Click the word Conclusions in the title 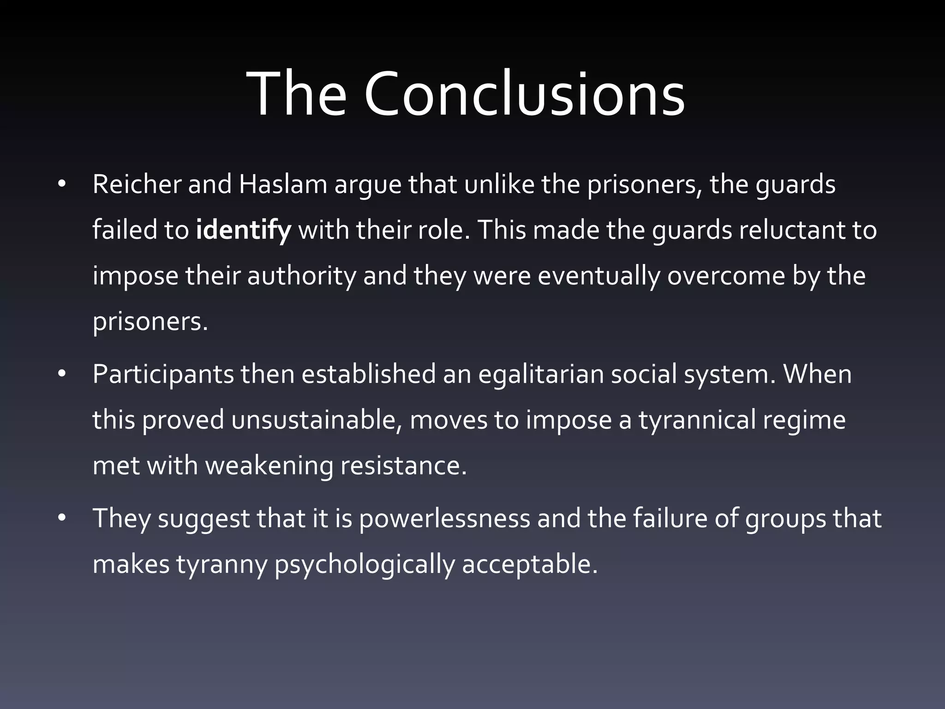(x=525, y=94)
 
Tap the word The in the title (x=296, y=94)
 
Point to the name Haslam (x=283, y=184)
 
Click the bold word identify (x=243, y=230)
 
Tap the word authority (x=302, y=276)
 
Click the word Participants (x=163, y=374)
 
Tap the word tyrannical (x=697, y=420)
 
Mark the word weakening (x=269, y=465)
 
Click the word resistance (x=404, y=465)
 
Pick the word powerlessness (x=444, y=518)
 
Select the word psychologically (x=365, y=564)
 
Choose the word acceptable (x=529, y=564)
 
